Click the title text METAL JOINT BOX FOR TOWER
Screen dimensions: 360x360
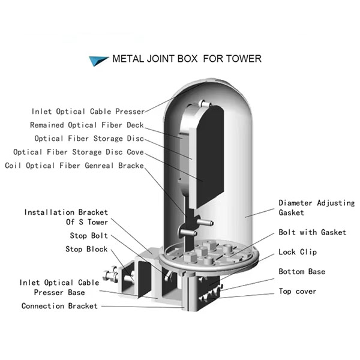pos(187,59)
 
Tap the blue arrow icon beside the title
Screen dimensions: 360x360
pos(97,59)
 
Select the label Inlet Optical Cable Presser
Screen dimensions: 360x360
pos(88,112)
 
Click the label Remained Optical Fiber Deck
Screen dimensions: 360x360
pos(87,125)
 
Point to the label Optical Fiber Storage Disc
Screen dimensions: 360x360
pos(89,139)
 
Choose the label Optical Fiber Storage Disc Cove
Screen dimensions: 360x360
pos(79,152)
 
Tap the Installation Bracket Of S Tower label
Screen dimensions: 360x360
pos(67,217)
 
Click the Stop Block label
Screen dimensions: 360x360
pos(87,249)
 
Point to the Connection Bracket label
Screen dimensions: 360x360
pos(59,306)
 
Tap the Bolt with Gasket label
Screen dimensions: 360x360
pos(312,232)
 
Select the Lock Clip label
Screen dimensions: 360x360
pos(298,253)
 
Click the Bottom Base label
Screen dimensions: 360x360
pos(302,272)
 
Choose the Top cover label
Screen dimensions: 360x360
pos(298,292)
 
